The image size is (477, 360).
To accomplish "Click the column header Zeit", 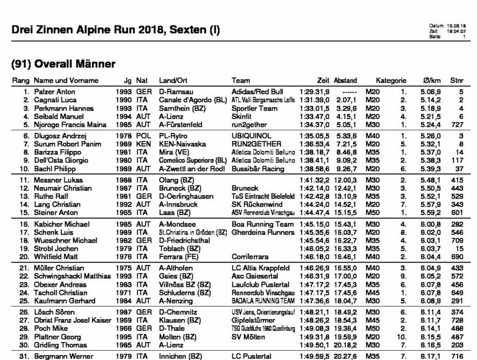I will pos(322,81).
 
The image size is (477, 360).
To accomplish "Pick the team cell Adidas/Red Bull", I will pos(255,91).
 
